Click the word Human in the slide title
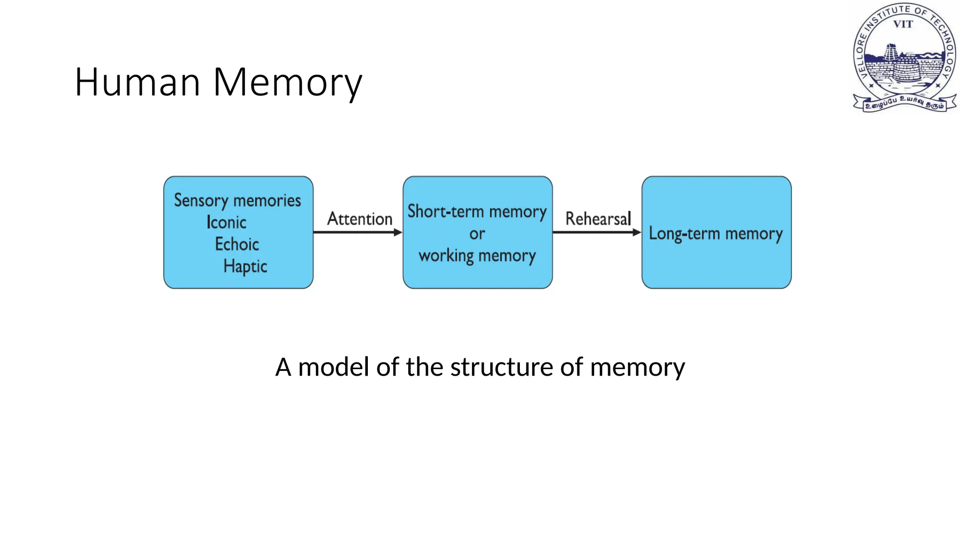[x=137, y=82]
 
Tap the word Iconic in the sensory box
[x=226, y=222]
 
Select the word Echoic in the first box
[x=237, y=244]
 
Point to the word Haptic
[x=245, y=266]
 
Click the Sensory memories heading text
[x=237, y=201]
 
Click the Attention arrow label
[x=359, y=219]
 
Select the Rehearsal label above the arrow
[x=598, y=219]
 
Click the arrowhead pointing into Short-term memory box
[x=398, y=232]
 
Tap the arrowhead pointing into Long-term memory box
[x=637, y=232]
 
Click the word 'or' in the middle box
[x=477, y=234]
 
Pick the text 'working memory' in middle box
[x=477, y=256]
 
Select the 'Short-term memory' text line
[x=477, y=212]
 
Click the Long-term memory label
[x=716, y=233]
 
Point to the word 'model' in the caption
[x=333, y=367]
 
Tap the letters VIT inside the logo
[x=903, y=24]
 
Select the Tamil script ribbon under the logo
[x=904, y=103]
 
